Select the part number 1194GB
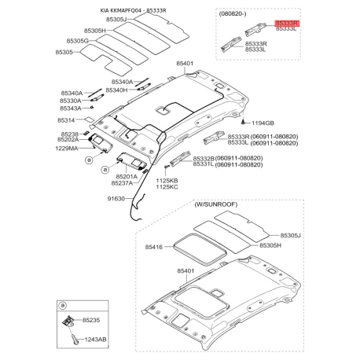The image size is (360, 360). coord(263,124)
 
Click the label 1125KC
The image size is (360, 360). coord(167,186)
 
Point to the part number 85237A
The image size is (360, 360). coord(127,184)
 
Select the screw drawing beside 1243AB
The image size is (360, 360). coord(73,338)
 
